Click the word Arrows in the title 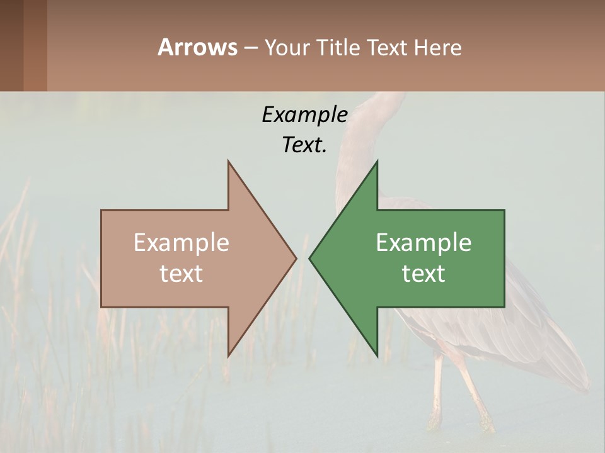(197, 47)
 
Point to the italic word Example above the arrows (304, 115)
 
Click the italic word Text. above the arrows (304, 145)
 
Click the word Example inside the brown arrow (181, 243)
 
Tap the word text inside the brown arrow (181, 274)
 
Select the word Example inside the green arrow (423, 243)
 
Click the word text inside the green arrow (423, 274)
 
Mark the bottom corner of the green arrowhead (377, 355)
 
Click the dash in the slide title (250, 48)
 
